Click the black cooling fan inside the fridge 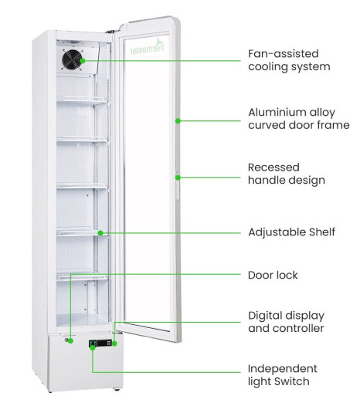(x=73, y=59)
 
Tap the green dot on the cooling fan (x=83, y=61)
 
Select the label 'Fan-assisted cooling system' (x=289, y=60)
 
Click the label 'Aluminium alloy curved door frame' (x=299, y=119)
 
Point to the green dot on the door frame (x=178, y=121)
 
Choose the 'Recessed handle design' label (x=287, y=174)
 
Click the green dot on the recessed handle (x=178, y=178)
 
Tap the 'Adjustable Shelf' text (x=291, y=232)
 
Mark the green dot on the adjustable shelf (x=100, y=233)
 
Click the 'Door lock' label (x=273, y=275)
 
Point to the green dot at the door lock (x=70, y=341)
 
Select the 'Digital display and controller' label (x=286, y=322)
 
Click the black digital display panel (x=104, y=343)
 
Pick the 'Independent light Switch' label (x=283, y=375)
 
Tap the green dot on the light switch (x=93, y=348)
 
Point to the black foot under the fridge (x=117, y=390)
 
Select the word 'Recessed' (x=273, y=167)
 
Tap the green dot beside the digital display (x=114, y=343)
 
